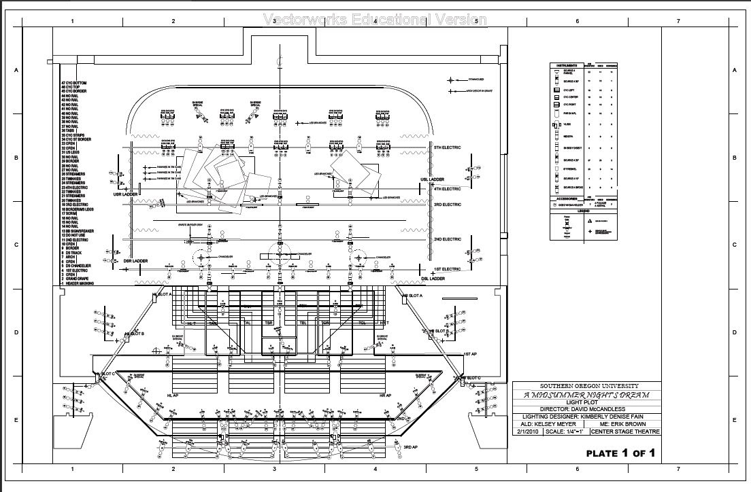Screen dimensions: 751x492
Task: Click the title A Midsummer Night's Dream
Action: tap(586, 395)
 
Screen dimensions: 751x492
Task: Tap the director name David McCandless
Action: tap(586, 409)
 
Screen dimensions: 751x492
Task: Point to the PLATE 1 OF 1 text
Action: tap(620, 453)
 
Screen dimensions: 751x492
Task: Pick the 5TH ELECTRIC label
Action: tap(448, 147)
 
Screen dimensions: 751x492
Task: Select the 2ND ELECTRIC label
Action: tap(448, 239)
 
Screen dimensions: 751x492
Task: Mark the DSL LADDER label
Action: tap(433, 279)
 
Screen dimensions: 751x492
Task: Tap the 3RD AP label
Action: tap(410, 447)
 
